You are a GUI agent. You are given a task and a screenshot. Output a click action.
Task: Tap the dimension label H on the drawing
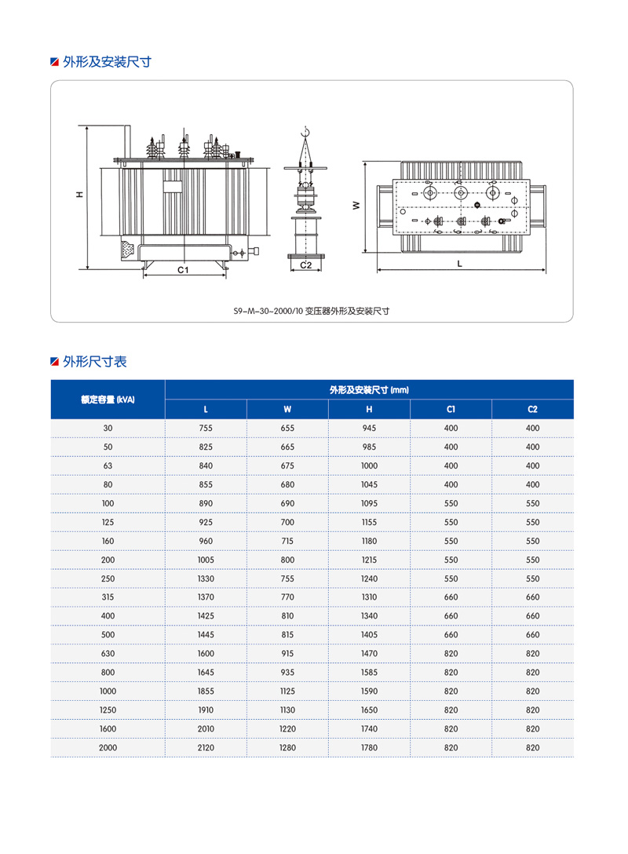point(79,194)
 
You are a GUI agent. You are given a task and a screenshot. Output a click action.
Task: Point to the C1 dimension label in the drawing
point(183,269)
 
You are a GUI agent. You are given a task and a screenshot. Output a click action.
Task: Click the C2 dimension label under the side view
point(306,265)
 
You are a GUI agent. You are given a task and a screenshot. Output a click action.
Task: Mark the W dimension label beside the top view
point(356,205)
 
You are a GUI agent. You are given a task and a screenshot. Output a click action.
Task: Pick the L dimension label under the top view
point(460,264)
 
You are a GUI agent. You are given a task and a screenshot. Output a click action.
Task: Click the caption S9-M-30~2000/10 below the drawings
point(312,311)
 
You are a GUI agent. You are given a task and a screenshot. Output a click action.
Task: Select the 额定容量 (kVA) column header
point(108,400)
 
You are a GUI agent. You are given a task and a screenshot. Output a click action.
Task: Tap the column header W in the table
point(287,409)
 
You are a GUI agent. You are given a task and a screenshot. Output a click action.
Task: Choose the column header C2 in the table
point(532,409)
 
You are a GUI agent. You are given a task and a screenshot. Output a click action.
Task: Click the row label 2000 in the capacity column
point(108,748)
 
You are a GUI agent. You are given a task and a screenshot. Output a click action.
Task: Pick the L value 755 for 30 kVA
point(206,428)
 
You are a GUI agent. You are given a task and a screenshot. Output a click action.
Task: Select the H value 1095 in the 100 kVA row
point(369,503)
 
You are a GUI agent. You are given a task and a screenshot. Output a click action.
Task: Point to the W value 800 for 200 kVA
point(287,560)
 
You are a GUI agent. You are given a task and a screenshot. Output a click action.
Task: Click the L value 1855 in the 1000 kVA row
point(206,692)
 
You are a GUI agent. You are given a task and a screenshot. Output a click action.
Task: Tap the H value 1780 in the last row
point(369,748)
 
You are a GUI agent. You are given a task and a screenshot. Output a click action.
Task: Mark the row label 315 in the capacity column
point(108,597)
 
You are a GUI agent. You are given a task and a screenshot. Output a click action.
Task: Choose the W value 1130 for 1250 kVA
point(287,710)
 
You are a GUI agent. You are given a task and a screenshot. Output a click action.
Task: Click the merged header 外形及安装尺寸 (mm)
point(369,389)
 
